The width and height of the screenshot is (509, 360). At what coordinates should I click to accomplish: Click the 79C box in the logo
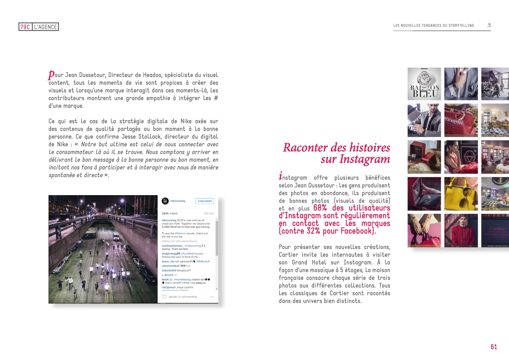tap(25, 27)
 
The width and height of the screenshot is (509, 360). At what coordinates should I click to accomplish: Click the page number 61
tap(494, 347)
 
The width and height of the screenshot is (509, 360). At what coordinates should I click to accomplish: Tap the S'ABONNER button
tap(204, 201)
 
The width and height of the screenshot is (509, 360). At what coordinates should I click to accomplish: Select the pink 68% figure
tap(320, 208)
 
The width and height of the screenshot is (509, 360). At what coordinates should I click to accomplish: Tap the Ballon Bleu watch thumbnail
tap(424, 84)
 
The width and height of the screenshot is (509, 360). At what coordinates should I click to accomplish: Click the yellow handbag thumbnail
tap(461, 194)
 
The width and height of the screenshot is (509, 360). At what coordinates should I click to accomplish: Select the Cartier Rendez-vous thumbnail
tap(495, 230)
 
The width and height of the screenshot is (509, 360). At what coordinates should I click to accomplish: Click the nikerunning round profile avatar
tap(165, 201)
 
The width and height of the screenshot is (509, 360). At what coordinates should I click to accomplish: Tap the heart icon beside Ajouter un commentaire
tap(164, 297)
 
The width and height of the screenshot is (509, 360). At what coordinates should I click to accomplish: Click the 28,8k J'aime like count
tap(169, 213)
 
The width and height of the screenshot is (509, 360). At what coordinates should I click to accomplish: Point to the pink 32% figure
tap(313, 231)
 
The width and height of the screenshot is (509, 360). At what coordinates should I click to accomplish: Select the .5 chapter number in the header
tap(489, 25)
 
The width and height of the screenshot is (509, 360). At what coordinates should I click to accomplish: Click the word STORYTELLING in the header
tap(461, 25)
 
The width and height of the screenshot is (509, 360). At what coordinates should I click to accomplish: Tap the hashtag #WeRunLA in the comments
tap(203, 261)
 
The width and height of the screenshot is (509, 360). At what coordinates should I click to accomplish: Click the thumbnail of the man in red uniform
tap(461, 230)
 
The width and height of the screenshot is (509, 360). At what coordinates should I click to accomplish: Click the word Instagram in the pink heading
tap(364, 159)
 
